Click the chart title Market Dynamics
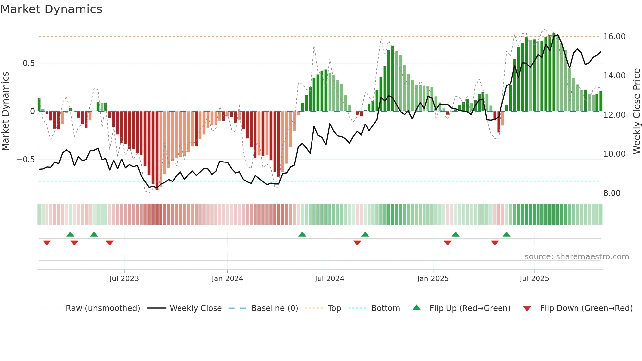click(51, 9)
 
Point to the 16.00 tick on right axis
click(614, 37)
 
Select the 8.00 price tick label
click(612, 193)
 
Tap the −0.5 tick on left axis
click(26, 160)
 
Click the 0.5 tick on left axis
click(28, 63)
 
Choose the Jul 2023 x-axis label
click(124, 279)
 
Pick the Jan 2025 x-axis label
click(433, 279)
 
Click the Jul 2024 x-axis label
click(330, 279)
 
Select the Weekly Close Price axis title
click(636, 111)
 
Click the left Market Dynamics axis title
click(5, 111)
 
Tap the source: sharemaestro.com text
click(576, 257)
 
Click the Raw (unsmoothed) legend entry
click(103, 308)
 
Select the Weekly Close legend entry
click(196, 308)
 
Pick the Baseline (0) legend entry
click(274, 308)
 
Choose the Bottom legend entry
click(385, 308)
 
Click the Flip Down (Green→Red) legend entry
click(586, 308)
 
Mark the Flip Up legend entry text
click(470, 308)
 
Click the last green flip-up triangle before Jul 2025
click(506, 235)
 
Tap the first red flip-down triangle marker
click(47, 243)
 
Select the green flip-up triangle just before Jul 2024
click(302, 235)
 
